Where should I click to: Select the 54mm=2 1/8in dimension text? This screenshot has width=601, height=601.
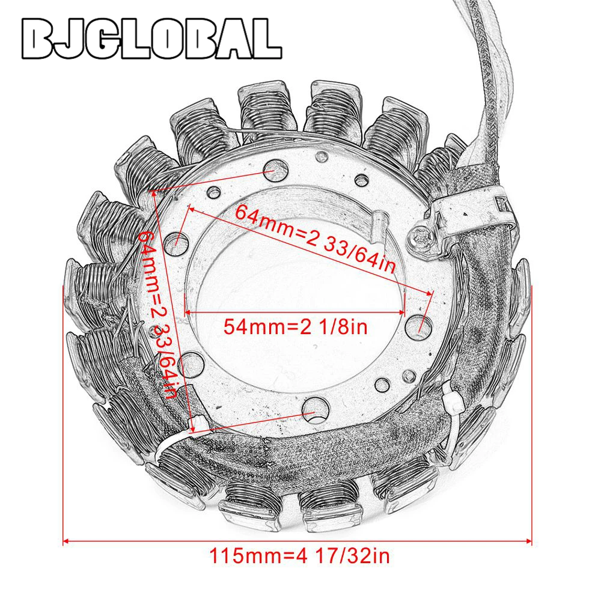[295, 327]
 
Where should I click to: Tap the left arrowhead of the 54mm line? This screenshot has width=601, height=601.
[188, 313]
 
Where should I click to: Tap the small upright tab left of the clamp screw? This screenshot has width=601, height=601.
[379, 225]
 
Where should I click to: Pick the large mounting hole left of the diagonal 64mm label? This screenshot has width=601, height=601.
[177, 241]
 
